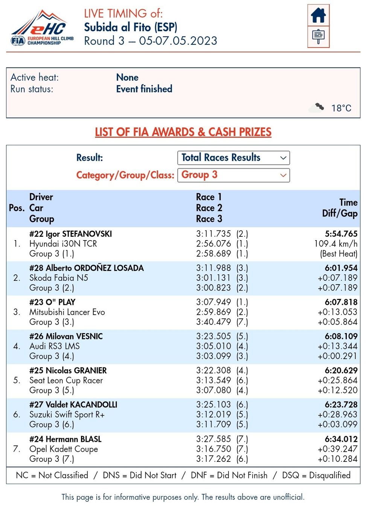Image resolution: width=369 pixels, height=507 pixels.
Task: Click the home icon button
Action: [x=318, y=15]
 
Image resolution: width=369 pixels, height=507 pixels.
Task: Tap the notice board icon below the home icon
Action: [x=318, y=37]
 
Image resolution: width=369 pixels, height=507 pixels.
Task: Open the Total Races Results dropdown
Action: [x=233, y=158]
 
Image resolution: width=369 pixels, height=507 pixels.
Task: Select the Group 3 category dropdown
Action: [x=233, y=175]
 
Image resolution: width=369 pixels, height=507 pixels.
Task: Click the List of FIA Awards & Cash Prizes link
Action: [x=183, y=132]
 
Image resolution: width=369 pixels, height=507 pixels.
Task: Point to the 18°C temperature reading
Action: [x=341, y=108]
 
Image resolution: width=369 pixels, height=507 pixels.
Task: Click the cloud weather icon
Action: [x=316, y=108]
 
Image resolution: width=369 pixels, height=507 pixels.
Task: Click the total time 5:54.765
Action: [x=341, y=234]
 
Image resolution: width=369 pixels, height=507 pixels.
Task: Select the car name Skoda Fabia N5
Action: [x=59, y=278]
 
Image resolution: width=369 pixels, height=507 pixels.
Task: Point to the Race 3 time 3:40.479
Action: [x=213, y=322]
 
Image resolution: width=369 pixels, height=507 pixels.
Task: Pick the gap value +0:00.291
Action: [x=337, y=356]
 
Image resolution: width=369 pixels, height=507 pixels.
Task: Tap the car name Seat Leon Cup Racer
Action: [x=66, y=380]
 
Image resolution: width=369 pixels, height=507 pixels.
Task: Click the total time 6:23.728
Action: [x=341, y=405]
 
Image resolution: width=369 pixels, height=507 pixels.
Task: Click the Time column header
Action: [x=348, y=202]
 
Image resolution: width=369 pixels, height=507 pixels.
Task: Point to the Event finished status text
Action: [x=144, y=89]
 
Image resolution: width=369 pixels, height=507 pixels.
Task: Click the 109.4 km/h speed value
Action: [x=335, y=244]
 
